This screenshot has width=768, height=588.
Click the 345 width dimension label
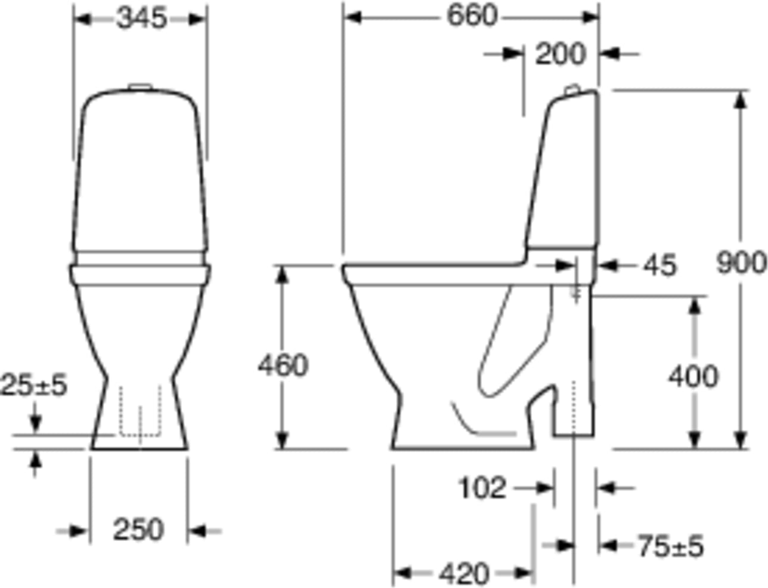tap(141, 19)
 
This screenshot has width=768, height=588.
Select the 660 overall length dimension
tap(472, 17)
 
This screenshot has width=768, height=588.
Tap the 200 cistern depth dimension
tap(560, 54)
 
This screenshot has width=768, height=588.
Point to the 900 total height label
tap(741, 263)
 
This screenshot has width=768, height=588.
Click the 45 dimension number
tap(661, 266)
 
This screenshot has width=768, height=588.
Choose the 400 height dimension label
tap(693, 377)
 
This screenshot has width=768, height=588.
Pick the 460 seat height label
tap(283, 365)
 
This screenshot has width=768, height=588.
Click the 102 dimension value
tap(482, 488)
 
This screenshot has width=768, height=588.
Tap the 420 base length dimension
tap(464, 574)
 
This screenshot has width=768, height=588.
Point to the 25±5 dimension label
tap(34, 386)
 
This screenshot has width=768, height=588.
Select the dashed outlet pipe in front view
tap(141, 412)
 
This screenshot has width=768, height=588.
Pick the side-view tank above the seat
tap(563, 173)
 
